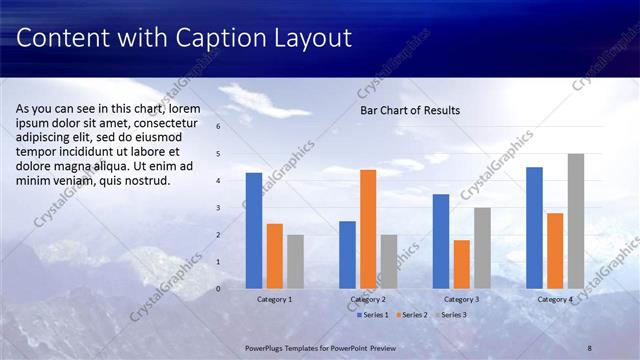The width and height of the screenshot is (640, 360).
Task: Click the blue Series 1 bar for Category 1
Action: [x=254, y=230]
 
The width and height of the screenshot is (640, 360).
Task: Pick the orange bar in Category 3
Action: [x=461, y=264]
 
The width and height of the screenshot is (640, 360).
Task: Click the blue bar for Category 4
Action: [x=534, y=227]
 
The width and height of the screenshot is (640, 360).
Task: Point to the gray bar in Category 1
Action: [x=295, y=261]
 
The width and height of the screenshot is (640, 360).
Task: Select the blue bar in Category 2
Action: [x=347, y=254]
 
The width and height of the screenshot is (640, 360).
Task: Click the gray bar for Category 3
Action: [x=482, y=247]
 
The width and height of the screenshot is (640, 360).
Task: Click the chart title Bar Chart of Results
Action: [x=410, y=111]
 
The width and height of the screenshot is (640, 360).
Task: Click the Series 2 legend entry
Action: [x=414, y=315]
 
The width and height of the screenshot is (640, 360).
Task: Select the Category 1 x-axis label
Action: [x=275, y=299]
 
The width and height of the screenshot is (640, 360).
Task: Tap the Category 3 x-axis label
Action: [x=462, y=299]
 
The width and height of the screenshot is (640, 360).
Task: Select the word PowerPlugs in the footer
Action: [x=268, y=344]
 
